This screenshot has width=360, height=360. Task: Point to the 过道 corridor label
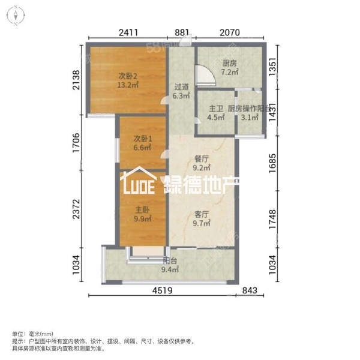click(182, 86)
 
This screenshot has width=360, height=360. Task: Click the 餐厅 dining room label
click(201, 160)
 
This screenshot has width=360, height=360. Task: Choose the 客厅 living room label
click(201, 213)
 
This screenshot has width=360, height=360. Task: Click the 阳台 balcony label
click(170, 261)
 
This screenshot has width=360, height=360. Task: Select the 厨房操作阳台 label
click(247, 109)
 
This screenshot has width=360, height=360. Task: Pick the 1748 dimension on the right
click(272, 218)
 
